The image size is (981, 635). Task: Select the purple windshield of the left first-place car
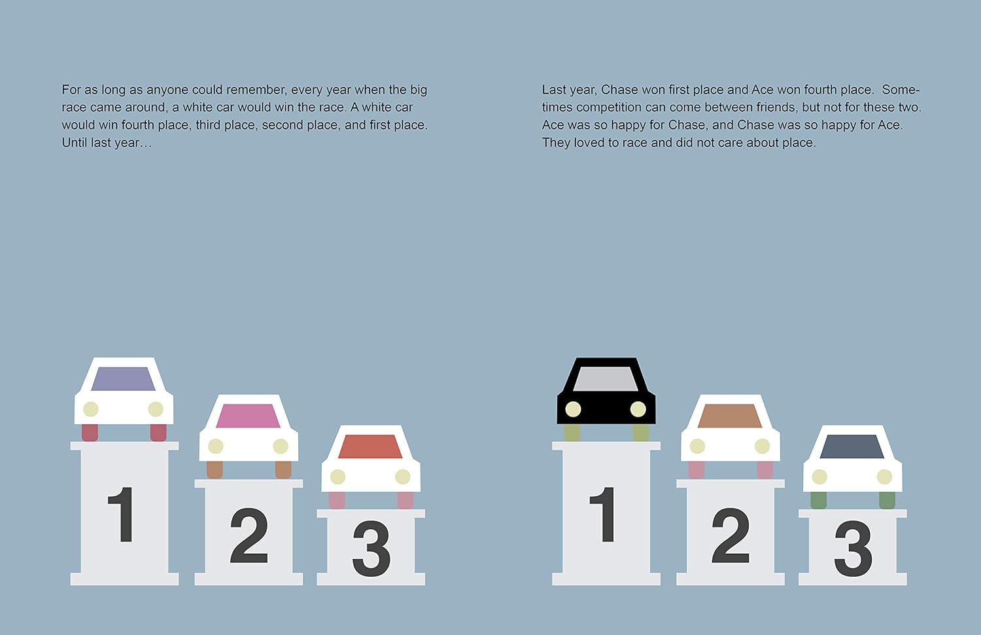(123, 378)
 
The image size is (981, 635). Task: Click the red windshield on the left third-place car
(370, 446)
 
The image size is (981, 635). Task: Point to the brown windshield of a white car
(730, 416)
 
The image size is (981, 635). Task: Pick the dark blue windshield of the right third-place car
(852, 446)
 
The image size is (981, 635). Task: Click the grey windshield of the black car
(606, 379)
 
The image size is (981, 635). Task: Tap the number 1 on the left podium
(121, 515)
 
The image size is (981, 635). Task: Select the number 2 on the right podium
(731, 535)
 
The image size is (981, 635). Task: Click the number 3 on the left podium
(371, 548)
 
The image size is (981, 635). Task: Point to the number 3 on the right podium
(853, 548)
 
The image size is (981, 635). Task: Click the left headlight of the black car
(574, 409)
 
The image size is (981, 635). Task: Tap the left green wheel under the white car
(819, 500)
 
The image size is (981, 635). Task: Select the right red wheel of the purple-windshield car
(158, 433)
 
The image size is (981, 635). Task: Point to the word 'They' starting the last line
(556, 143)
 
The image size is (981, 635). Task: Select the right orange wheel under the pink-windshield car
(283, 470)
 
